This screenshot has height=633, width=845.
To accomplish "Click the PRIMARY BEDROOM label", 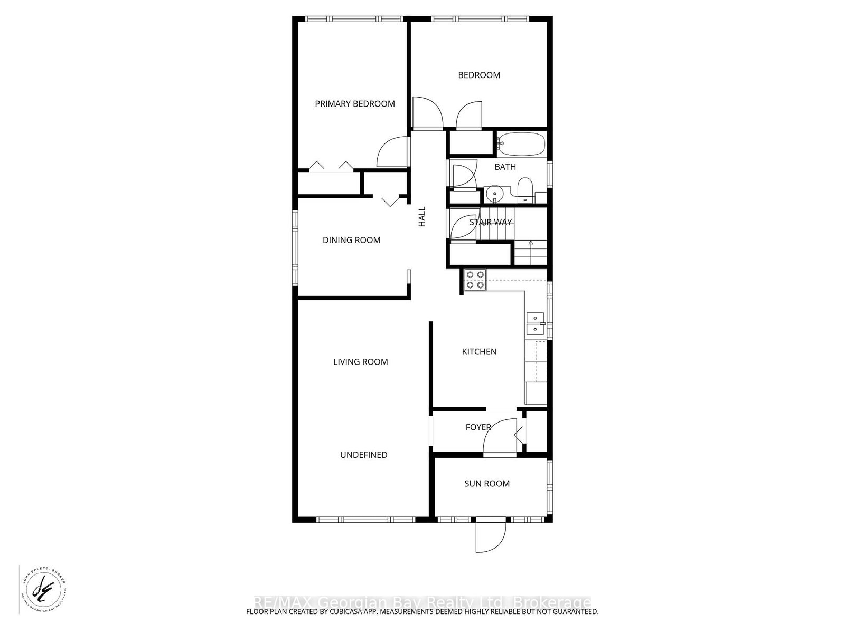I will pyautogui.click(x=355, y=104).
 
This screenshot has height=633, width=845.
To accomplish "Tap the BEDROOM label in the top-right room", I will pyautogui.click(x=479, y=75).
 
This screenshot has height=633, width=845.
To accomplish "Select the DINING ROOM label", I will pyautogui.click(x=351, y=240).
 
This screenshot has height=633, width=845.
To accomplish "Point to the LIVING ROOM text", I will pyautogui.click(x=360, y=362).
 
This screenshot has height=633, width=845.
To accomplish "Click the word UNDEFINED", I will pyautogui.click(x=363, y=455).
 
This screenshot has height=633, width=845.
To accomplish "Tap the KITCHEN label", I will pyautogui.click(x=479, y=352).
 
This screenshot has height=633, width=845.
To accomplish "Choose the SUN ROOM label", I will pyautogui.click(x=487, y=484).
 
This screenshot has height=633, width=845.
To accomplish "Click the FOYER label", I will pyautogui.click(x=478, y=427).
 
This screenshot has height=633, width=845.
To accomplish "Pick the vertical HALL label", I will pyautogui.click(x=422, y=217).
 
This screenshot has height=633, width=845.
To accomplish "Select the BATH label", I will pyautogui.click(x=505, y=167).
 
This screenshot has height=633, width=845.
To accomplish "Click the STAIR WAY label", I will pyautogui.click(x=491, y=222).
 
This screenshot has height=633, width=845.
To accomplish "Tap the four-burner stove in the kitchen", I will pyautogui.click(x=474, y=280).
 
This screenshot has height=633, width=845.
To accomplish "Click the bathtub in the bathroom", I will pyautogui.click(x=521, y=144).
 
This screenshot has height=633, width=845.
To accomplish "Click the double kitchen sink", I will pyautogui.click(x=536, y=323).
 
